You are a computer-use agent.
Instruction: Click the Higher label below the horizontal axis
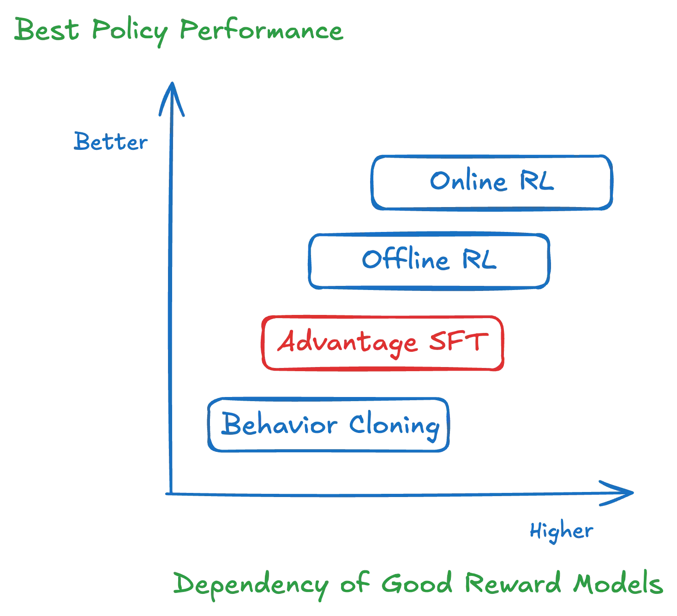(x=560, y=531)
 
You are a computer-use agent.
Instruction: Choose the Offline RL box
(x=429, y=261)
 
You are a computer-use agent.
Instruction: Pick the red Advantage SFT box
(x=382, y=343)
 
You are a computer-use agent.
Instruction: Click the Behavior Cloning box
(x=328, y=425)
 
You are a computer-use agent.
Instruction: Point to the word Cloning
(x=393, y=425)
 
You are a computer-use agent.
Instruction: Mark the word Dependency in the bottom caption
(x=251, y=585)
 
